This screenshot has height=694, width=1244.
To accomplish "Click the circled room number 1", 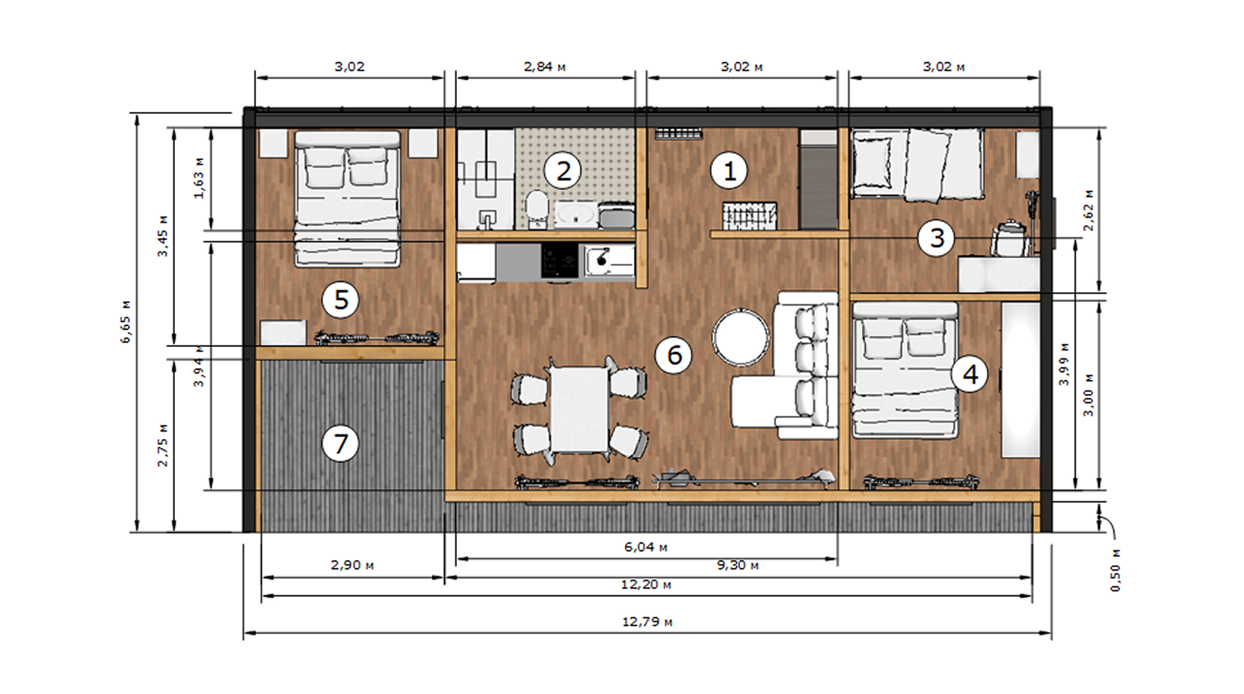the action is pyautogui.click(x=730, y=171).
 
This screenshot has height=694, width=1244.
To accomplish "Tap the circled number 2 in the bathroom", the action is pyautogui.click(x=563, y=171).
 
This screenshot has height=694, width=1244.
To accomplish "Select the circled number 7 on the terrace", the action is pyautogui.click(x=340, y=443).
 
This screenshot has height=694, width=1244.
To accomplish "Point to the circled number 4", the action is pyautogui.click(x=970, y=374).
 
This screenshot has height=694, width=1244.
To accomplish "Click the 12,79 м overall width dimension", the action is pyautogui.click(x=647, y=621).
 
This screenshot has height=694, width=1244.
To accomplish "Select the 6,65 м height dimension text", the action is pyautogui.click(x=126, y=322).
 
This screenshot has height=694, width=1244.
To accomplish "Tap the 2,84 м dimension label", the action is pyautogui.click(x=545, y=67).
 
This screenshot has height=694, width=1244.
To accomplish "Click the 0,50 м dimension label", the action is pyautogui.click(x=1115, y=570).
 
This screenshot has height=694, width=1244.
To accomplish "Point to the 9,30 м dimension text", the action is pyautogui.click(x=738, y=565).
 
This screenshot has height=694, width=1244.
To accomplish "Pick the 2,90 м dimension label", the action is pyautogui.click(x=352, y=565).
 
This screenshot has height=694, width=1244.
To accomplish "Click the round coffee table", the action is pyautogui.click(x=741, y=337).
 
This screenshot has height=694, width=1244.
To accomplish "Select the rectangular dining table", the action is pyautogui.click(x=579, y=409).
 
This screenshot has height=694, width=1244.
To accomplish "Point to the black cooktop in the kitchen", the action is pyautogui.click(x=560, y=260).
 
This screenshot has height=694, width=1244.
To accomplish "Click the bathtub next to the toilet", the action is pyautogui.click(x=576, y=215).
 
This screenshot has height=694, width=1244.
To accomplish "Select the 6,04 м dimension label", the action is pyautogui.click(x=646, y=547).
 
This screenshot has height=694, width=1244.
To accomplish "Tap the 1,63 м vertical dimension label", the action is pyautogui.click(x=199, y=178).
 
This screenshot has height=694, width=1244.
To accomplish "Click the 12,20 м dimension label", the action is pyautogui.click(x=646, y=584).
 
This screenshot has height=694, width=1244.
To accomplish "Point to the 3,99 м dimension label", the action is pyautogui.click(x=1064, y=364).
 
